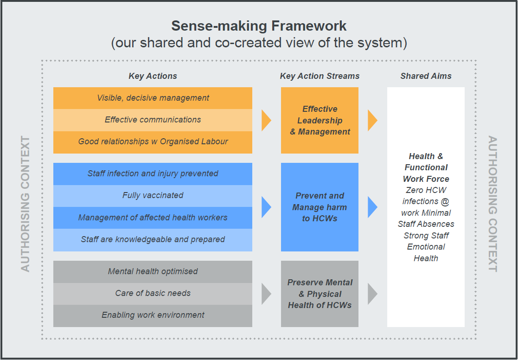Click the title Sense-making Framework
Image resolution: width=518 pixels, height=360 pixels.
pyautogui.click(x=259, y=25)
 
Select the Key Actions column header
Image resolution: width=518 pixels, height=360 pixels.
pyautogui.click(x=153, y=76)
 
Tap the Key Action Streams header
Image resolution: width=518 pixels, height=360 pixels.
pyautogui.click(x=320, y=76)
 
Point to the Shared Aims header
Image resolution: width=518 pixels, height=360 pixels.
pyautogui.click(x=426, y=76)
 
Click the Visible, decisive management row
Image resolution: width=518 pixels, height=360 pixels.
pyautogui.click(x=153, y=98)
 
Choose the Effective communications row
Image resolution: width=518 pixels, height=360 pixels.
pyautogui.click(x=153, y=120)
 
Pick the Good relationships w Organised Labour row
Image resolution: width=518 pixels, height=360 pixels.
pyautogui.click(x=153, y=141)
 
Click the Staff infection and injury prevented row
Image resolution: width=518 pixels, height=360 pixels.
pyautogui.click(x=153, y=174)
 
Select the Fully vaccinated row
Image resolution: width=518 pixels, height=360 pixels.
pyautogui.click(x=153, y=195)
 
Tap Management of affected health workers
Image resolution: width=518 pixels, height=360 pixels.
pyautogui.click(x=153, y=218)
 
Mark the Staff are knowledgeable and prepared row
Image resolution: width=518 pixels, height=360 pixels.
pyautogui.click(x=153, y=239)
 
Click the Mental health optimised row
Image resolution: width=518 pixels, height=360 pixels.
pyautogui.click(x=153, y=271)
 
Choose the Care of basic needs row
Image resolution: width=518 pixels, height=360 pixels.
pyautogui.click(x=153, y=293)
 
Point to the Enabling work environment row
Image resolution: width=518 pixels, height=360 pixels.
pyautogui.click(x=153, y=315)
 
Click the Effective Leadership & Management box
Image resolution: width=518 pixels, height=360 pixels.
pyautogui.click(x=320, y=120)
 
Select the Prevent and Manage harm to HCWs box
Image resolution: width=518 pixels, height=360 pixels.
pyautogui.click(x=320, y=207)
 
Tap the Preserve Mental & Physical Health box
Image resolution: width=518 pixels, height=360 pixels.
pyautogui.click(x=320, y=294)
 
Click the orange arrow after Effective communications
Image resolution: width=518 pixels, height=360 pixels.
pyautogui.click(x=266, y=120)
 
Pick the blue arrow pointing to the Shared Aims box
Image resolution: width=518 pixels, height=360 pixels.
pyautogui.click(x=372, y=207)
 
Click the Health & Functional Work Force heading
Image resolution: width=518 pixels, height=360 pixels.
pyautogui.click(x=426, y=167)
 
